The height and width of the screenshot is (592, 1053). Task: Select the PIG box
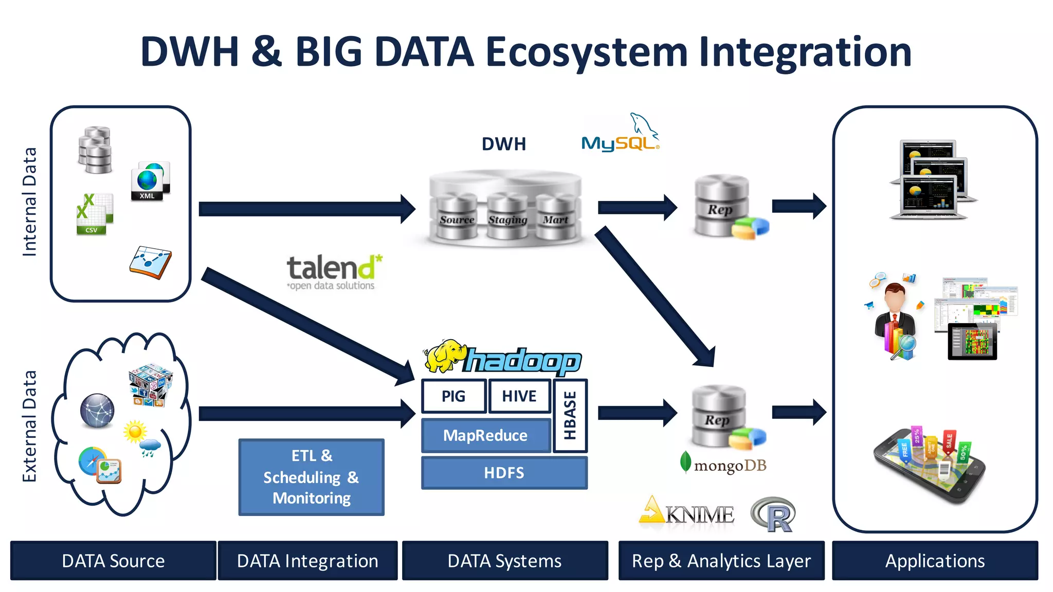(453, 396)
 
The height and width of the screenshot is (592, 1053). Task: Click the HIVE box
(519, 396)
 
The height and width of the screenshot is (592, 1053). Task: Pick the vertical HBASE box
(570, 416)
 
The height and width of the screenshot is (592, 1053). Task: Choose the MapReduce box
(485, 436)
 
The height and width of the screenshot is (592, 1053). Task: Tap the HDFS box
(504, 473)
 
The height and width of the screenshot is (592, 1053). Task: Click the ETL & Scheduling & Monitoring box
(312, 477)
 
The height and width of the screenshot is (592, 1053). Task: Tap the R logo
(774, 514)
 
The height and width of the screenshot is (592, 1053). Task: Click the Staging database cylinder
(507, 218)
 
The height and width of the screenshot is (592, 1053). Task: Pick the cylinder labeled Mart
(555, 218)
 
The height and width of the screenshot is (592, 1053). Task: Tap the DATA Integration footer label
(307, 561)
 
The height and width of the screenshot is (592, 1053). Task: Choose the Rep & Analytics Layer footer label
(721, 561)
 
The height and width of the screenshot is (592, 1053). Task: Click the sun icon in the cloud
(135, 432)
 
